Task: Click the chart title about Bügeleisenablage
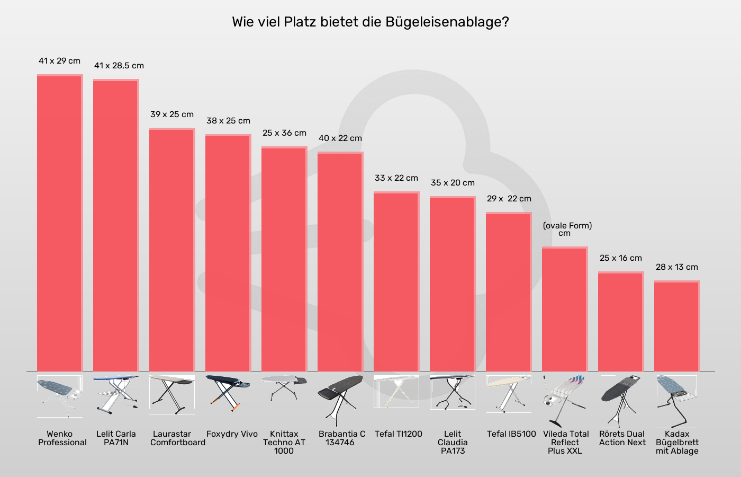click(x=370, y=22)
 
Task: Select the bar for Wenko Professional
click(x=60, y=223)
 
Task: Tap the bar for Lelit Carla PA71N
click(x=116, y=225)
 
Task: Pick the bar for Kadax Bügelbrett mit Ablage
click(x=677, y=326)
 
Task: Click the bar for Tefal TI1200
click(x=396, y=281)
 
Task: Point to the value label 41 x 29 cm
click(x=60, y=61)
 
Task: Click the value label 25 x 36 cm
click(x=284, y=133)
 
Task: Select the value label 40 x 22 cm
click(x=340, y=138)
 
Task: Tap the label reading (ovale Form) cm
click(x=567, y=229)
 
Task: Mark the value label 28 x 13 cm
click(x=677, y=267)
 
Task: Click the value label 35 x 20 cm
click(x=453, y=183)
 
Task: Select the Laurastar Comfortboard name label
click(x=177, y=438)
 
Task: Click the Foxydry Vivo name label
click(x=232, y=434)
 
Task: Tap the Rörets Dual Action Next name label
click(x=622, y=438)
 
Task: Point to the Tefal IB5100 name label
click(x=511, y=434)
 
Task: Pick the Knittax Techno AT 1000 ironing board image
click(x=284, y=390)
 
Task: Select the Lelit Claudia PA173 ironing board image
click(x=453, y=393)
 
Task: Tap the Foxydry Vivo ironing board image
click(x=228, y=393)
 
